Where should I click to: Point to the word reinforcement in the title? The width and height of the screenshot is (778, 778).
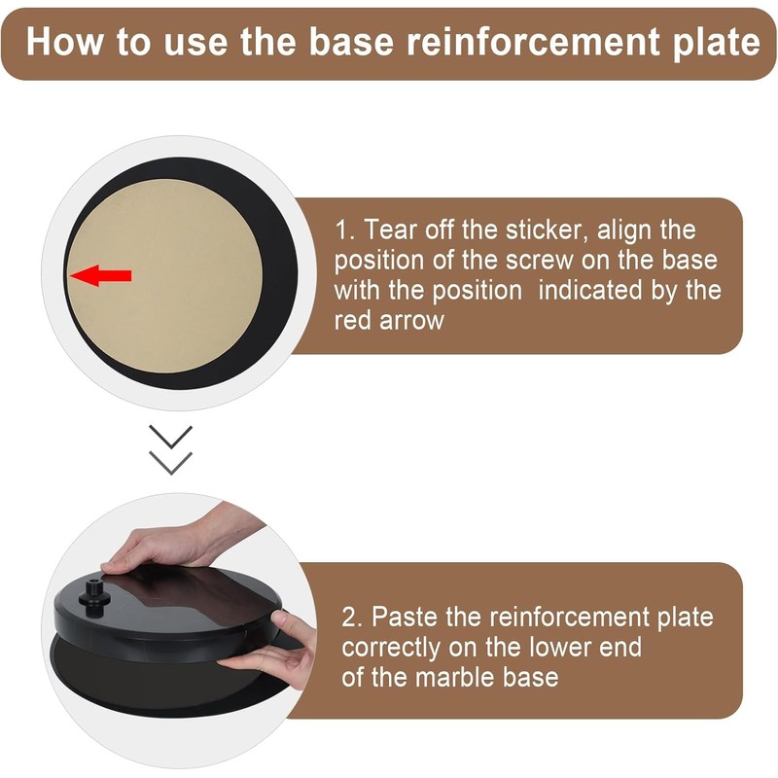pyautogui.click(x=515, y=43)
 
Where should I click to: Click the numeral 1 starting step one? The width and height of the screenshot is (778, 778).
pyautogui.click(x=341, y=230)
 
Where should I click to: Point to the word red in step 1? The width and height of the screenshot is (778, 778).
pyautogui.click(x=352, y=320)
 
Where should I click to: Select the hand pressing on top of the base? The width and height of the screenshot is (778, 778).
pyautogui.click(x=165, y=545)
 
